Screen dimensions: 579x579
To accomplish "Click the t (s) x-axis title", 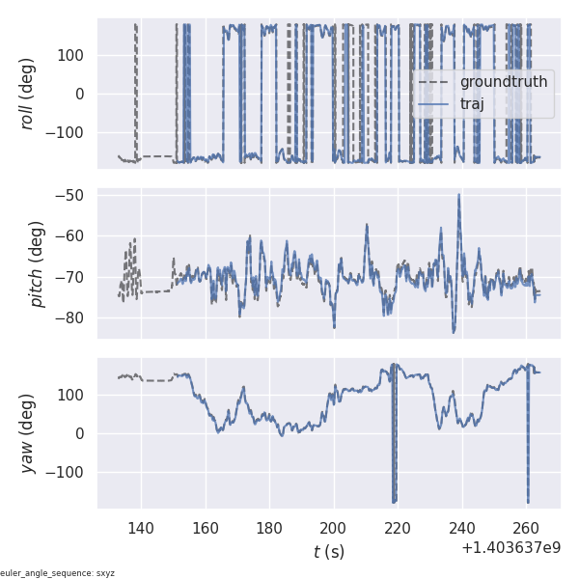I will coord(328,552).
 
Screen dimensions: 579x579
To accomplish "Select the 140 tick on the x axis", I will coord(141,528).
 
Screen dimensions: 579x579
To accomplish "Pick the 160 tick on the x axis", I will coord(206,528).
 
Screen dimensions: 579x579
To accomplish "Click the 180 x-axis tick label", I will coord(269,528).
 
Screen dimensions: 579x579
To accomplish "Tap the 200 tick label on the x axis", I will coord(334,528).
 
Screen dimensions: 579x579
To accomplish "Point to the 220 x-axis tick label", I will coord(398,528).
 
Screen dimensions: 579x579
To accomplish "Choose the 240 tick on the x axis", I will coord(462,528).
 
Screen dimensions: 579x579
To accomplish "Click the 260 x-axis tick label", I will coord(526,528).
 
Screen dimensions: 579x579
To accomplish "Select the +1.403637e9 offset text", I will coord(510,548).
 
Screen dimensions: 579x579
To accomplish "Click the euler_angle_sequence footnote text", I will coord(58,573).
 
